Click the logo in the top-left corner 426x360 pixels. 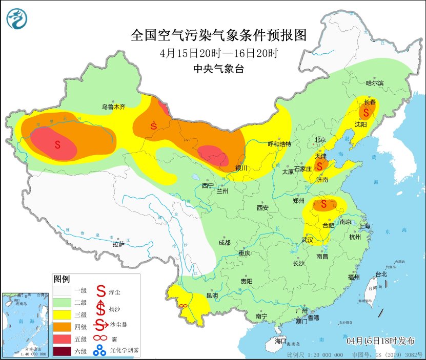click(17, 19)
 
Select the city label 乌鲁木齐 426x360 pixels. click(113, 107)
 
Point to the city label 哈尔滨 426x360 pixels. click(375, 83)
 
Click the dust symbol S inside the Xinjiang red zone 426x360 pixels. click(57, 145)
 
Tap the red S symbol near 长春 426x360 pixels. click(366, 112)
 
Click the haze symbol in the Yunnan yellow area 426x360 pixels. click(182, 306)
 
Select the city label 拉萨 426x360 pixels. click(118, 244)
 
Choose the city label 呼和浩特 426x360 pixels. click(280, 144)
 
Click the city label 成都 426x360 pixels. click(224, 243)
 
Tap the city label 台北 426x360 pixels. click(381, 274)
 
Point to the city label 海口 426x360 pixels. click(280, 341)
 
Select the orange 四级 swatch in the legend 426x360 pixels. click(63, 326)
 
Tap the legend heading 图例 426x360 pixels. click(62, 279)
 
